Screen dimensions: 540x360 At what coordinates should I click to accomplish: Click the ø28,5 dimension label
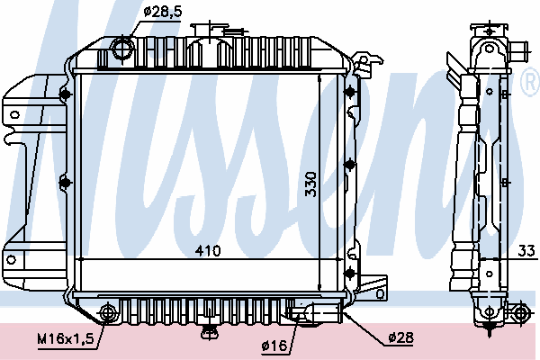click(163, 12)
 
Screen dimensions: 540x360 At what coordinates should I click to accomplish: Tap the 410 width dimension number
click(208, 251)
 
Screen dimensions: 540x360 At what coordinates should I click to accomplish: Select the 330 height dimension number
click(310, 184)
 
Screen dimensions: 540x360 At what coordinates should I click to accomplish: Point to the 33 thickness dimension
click(526, 251)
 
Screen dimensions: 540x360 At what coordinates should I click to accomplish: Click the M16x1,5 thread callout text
click(66, 339)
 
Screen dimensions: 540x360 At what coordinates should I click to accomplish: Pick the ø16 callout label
click(274, 345)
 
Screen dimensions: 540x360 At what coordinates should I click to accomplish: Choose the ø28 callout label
click(400, 337)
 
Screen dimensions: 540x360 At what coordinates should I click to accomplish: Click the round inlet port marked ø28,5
click(121, 48)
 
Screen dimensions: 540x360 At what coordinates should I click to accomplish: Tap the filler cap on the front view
click(210, 29)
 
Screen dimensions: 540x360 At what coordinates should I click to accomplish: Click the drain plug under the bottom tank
click(210, 331)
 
